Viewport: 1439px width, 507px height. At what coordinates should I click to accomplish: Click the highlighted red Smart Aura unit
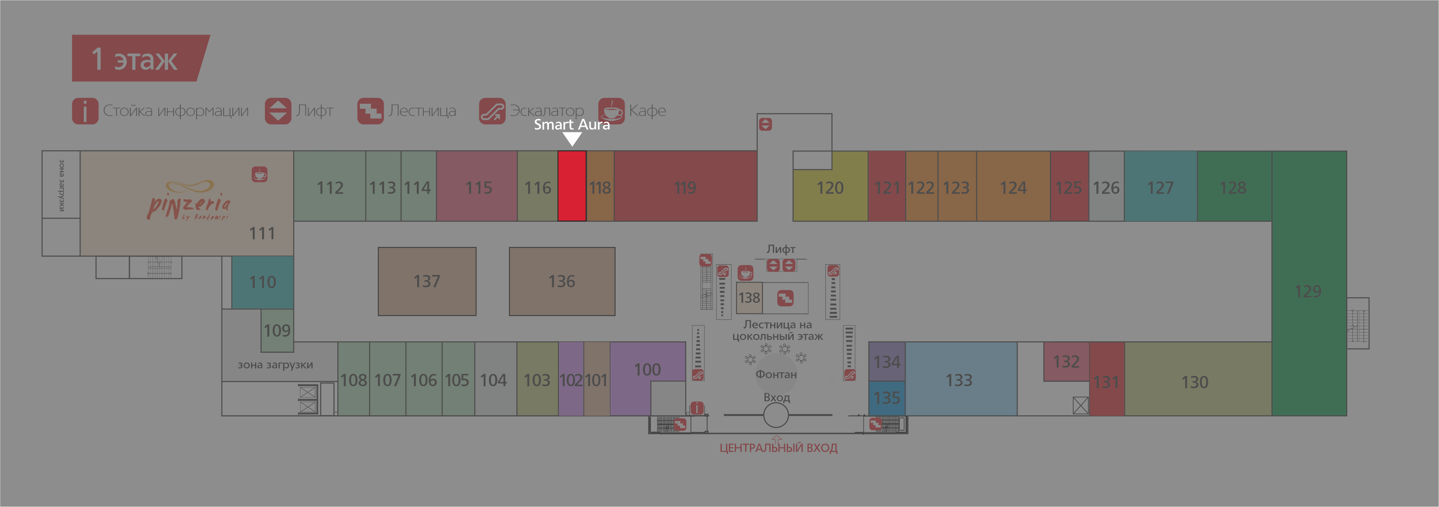pos(572,186)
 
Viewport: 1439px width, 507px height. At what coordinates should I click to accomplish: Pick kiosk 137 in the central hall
pos(427,281)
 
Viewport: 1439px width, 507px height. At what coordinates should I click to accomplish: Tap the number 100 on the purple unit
pos(647,370)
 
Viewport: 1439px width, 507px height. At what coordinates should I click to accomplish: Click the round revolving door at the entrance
pos(776,415)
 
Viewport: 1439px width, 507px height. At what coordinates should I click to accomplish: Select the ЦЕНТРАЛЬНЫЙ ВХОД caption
pos(778,448)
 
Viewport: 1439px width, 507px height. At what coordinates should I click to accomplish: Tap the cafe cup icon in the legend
pos(612,111)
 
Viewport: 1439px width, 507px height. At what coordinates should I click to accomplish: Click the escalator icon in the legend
pos(492,111)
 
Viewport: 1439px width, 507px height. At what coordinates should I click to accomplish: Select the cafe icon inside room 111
pos(259,174)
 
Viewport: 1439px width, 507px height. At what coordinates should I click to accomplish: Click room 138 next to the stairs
pos(749,298)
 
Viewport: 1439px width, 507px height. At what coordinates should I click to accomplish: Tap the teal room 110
pos(263,282)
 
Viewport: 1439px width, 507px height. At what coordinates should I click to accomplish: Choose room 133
pos(958,380)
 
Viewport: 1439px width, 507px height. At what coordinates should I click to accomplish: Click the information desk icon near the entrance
pos(697,408)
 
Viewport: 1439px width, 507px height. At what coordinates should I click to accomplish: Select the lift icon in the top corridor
pos(765,124)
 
